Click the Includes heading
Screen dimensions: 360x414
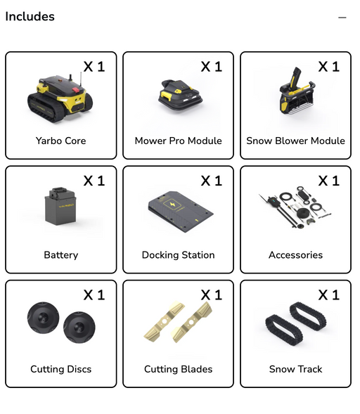click(30, 16)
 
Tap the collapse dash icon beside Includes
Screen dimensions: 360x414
click(342, 18)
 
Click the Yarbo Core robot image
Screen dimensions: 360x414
click(60, 98)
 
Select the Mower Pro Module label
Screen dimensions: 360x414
click(179, 141)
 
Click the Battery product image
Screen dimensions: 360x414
click(60, 206)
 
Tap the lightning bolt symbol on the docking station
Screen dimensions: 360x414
click(172, 205)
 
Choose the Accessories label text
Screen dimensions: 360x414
click(295, 255)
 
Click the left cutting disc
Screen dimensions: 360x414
click(44, 318)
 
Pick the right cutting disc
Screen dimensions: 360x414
click(79, 328)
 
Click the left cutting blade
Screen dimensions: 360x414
click(165, 321)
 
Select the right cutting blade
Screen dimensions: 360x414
click(191, 323)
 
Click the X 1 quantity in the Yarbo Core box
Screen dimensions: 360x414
click(94, 67)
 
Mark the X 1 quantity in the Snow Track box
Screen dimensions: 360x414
click(329, 295)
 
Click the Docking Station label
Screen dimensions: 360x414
click(179, 255)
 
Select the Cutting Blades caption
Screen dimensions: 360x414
click(179, 369)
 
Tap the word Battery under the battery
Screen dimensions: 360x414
click(61, 255)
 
